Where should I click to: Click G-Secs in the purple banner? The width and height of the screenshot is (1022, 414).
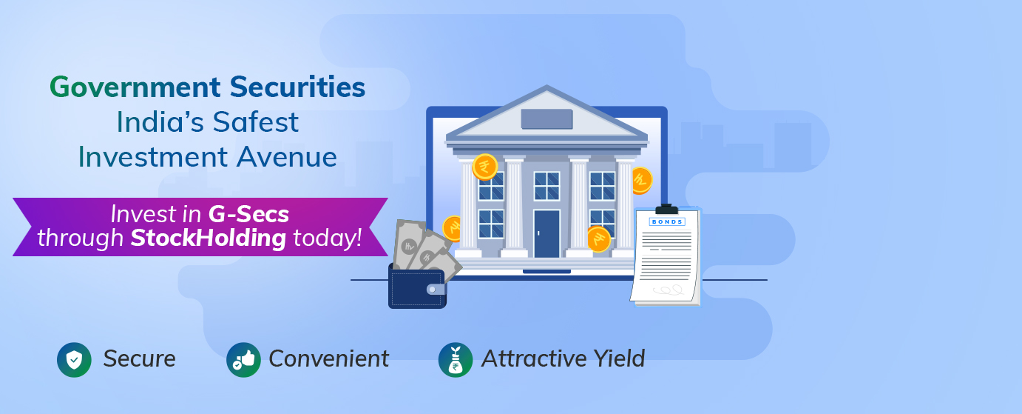[x=248, y=214]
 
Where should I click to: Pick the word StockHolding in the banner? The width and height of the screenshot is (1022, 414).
[x=209, y=238]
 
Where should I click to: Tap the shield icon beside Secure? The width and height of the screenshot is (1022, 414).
[x=74, y=359]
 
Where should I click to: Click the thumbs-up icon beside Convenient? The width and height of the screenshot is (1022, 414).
[x=243, y=359]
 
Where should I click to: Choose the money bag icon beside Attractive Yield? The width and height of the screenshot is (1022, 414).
[x=455, y=359]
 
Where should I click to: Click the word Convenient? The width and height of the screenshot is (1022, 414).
[x=328, y=359]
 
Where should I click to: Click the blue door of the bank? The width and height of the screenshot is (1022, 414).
[x=546, y=233]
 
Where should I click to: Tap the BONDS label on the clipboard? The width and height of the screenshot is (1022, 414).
[x=666, y=221]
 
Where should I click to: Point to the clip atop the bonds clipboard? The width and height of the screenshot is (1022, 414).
[x=666, y=209]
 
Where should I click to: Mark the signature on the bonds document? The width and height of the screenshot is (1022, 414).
[x=669, y=290]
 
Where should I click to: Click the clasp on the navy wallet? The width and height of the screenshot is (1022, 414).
[x=436, y=289]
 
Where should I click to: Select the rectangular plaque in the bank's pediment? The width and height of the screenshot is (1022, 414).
[x=546, y=119]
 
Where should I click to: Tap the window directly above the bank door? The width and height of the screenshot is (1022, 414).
[x=546, y=186]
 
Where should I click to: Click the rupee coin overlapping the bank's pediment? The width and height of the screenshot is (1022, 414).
[x=485, y=167]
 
